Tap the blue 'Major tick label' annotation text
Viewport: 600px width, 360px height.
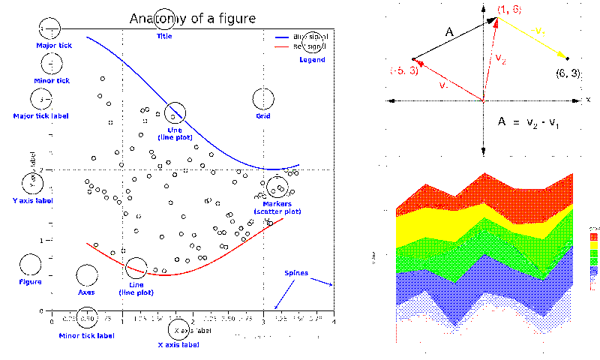(x=43, y=115)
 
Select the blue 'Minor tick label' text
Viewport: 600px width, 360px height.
(x=87, y=334)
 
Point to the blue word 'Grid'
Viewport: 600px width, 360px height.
(x=263, y=115)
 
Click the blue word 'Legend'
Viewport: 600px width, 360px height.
(x=312, y=59)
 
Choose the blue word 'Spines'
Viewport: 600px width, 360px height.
(x=295, y=272)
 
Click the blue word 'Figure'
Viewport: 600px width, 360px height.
(x=30, y=282)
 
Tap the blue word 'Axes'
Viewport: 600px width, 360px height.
(x=86, y=292)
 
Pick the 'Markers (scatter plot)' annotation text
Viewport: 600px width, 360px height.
(x=277, y=208)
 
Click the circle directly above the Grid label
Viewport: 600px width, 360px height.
(x=263, y=99)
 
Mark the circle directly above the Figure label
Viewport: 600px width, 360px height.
(x=30, y=264)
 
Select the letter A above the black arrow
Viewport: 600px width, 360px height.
(x=449, y=32)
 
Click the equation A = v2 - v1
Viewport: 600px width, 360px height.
(x=529, y=121)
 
